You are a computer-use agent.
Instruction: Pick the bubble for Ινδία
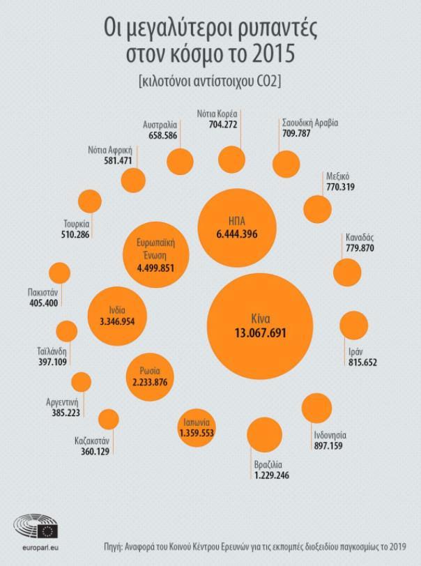[x=116, y=315]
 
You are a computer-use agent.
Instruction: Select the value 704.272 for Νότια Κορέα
[x=228, y=125]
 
